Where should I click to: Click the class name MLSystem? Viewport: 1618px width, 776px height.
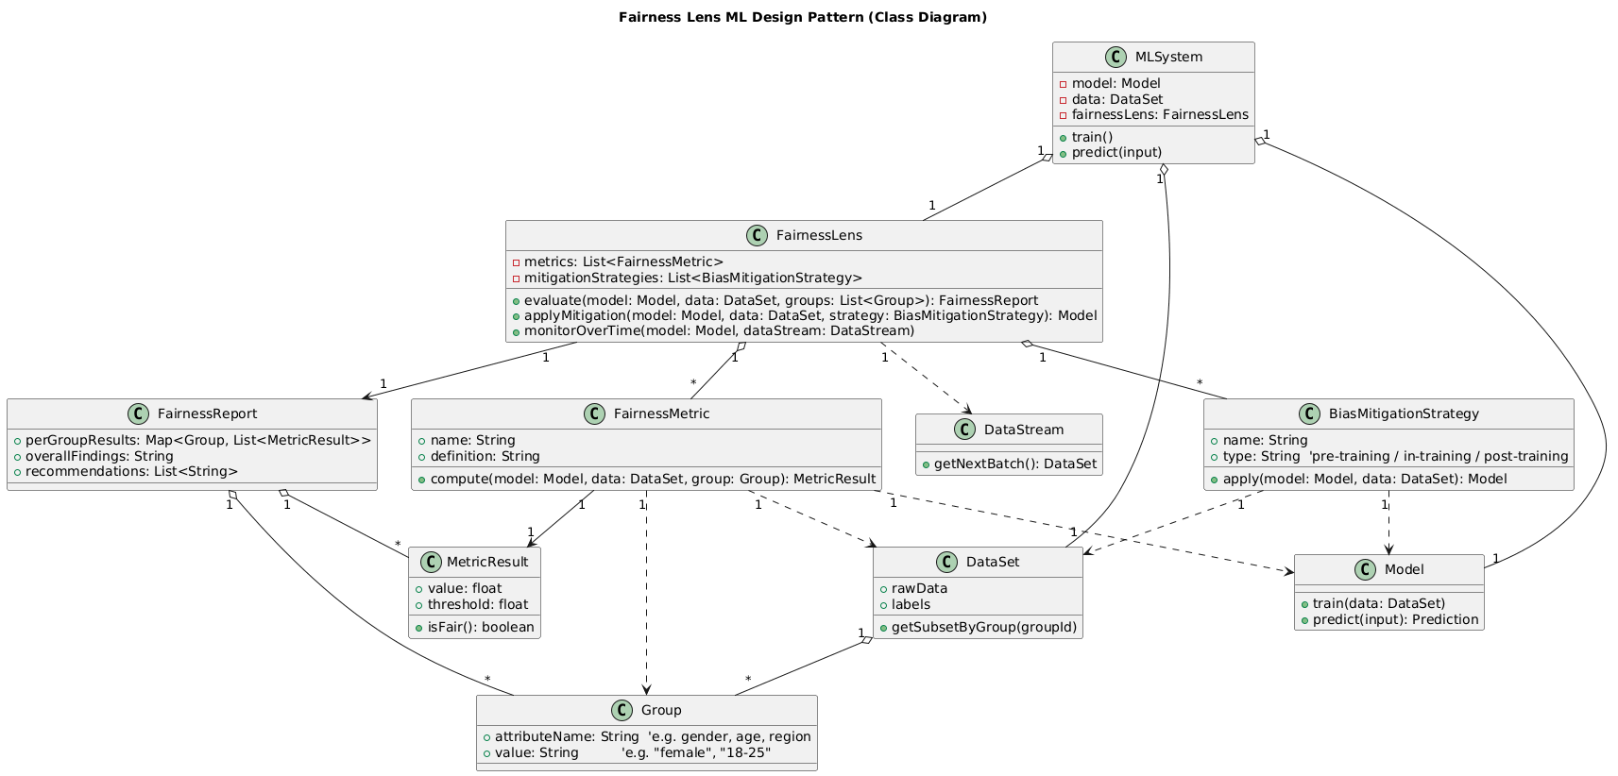1168,57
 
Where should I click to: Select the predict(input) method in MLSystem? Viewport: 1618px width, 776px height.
1117,152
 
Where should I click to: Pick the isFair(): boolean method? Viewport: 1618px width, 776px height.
481,627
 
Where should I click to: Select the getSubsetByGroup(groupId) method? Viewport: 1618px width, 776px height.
983,627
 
